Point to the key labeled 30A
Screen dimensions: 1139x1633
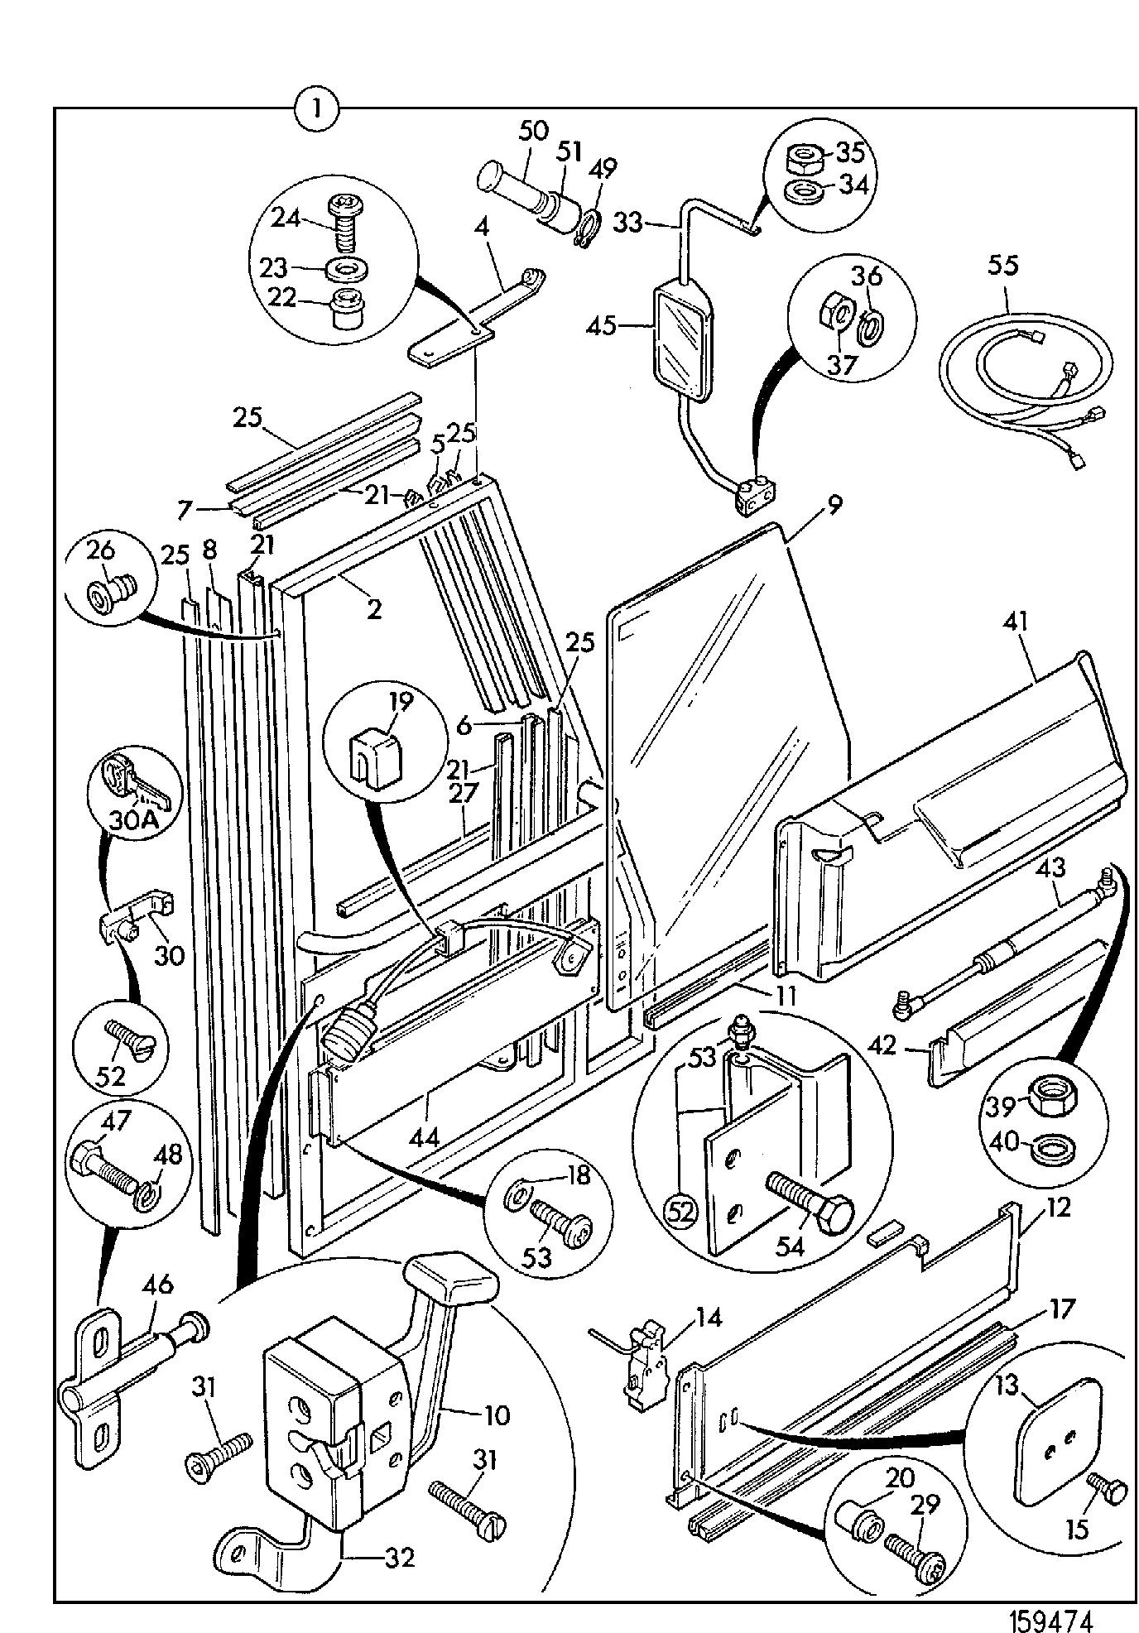point(135,780)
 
